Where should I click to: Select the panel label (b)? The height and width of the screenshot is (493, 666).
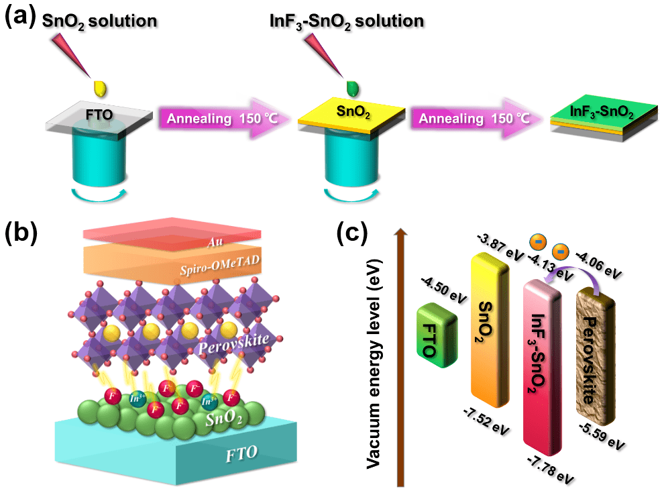tap(20, 233)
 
